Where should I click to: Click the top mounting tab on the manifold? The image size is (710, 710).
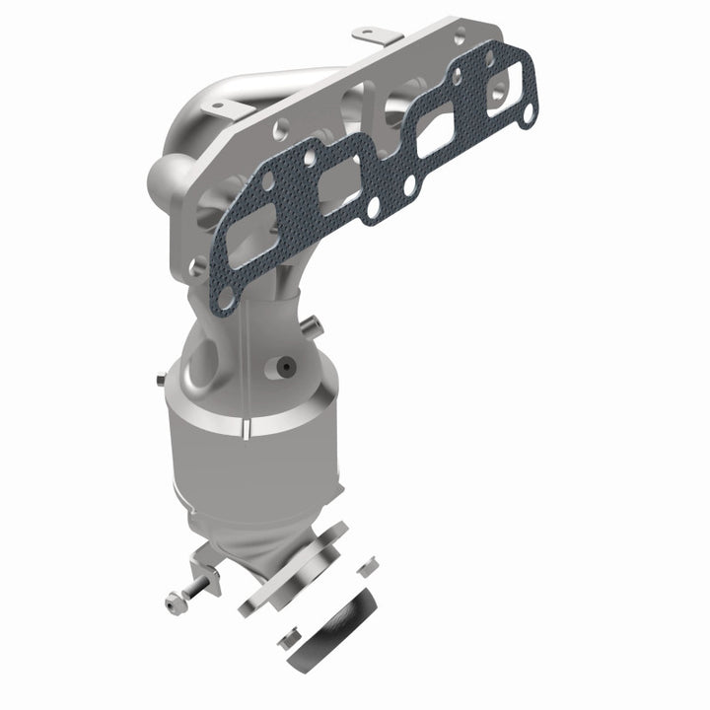coord(372,36)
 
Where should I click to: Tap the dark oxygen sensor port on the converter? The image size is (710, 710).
coord(285,367)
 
